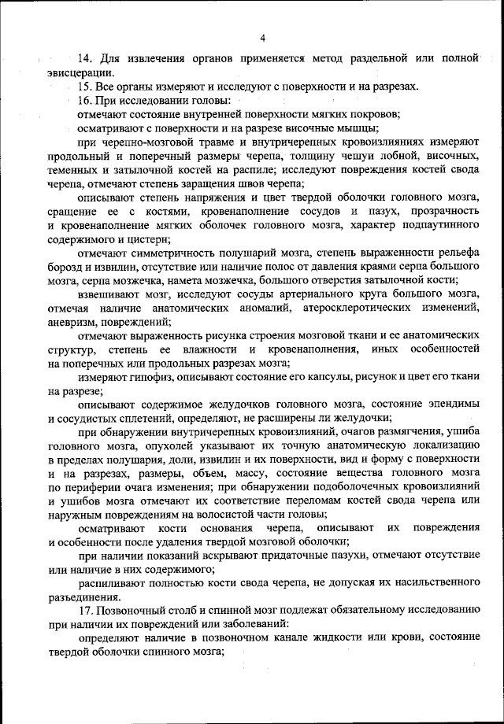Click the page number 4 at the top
[262, 37]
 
